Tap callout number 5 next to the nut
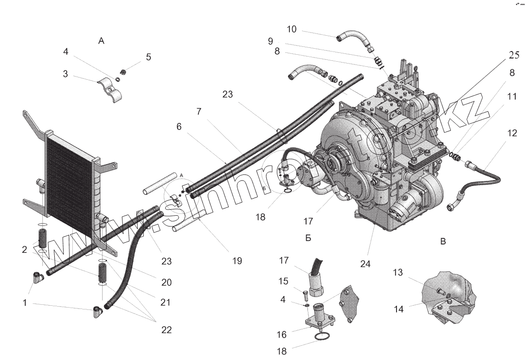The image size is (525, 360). [x=148, y=57]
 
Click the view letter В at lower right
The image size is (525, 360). [x=443, y=242]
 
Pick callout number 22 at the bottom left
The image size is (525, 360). [x=166, y=330]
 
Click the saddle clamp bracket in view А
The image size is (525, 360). [x=112, y=91]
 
